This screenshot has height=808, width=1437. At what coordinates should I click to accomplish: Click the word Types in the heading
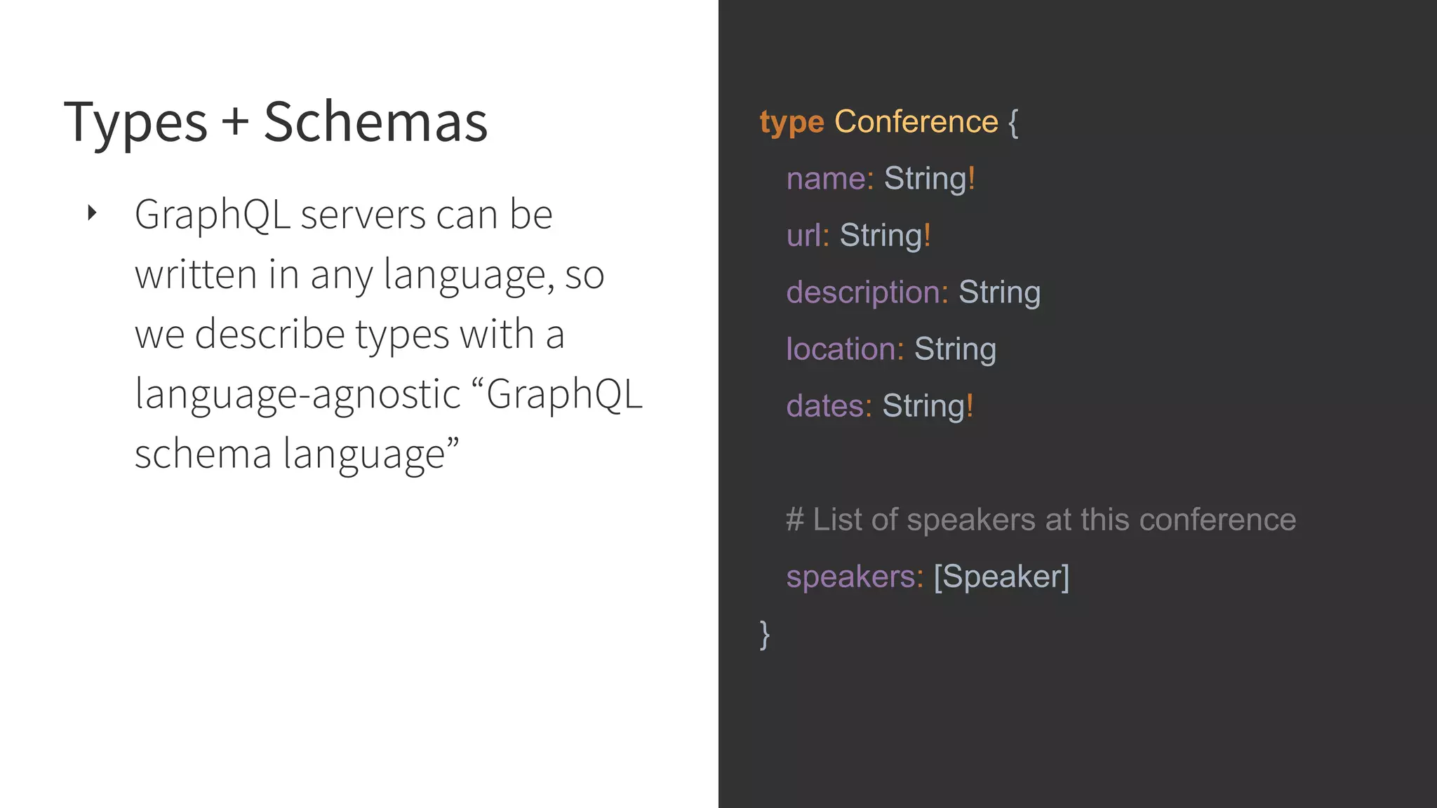click(135, 123)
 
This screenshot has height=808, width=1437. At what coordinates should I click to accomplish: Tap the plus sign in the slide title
click(236, 121)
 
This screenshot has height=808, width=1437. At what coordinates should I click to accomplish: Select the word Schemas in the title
click(375, 121)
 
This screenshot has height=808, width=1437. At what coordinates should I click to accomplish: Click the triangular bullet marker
click(92, 213)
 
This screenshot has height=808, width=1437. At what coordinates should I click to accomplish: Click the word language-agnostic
click(298, 393)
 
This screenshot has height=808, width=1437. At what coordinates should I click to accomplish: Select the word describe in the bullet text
click(269, 334)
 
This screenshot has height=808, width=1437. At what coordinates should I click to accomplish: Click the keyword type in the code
click(791, 123)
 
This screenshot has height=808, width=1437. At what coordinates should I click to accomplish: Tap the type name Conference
click(916, 122)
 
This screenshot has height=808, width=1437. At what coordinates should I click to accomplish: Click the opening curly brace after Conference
click(1012, 123)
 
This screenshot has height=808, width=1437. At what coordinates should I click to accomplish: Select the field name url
click(803, 236)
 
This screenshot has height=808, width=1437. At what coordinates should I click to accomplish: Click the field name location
click(840, 349)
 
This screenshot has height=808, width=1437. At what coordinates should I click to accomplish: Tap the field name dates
click(824, 406)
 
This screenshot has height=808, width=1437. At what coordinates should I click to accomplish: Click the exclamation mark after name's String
click(972, 178)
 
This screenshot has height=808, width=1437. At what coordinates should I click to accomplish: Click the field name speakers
click(850, 577)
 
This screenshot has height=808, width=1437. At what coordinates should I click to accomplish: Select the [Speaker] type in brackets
click(1001, 577)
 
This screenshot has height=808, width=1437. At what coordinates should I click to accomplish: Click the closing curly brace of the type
click(765, 634)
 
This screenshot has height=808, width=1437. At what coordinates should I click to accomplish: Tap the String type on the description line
click(999, 292)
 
